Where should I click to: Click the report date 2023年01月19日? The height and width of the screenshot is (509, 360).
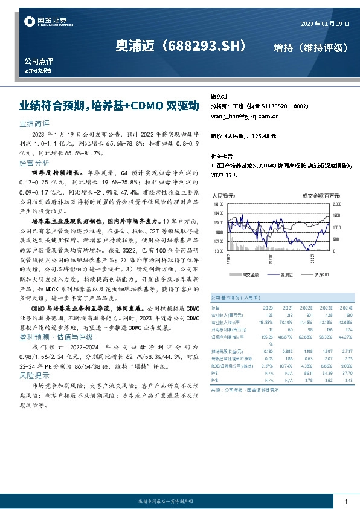pos(324,23)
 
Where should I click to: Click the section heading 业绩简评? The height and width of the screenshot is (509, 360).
pos(30,122)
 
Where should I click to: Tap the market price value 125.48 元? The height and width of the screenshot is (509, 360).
pos(265,137)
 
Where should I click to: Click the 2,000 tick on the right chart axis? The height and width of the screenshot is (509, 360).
pos(337,205)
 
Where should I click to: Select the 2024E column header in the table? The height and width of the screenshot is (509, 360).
pos(347,308)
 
